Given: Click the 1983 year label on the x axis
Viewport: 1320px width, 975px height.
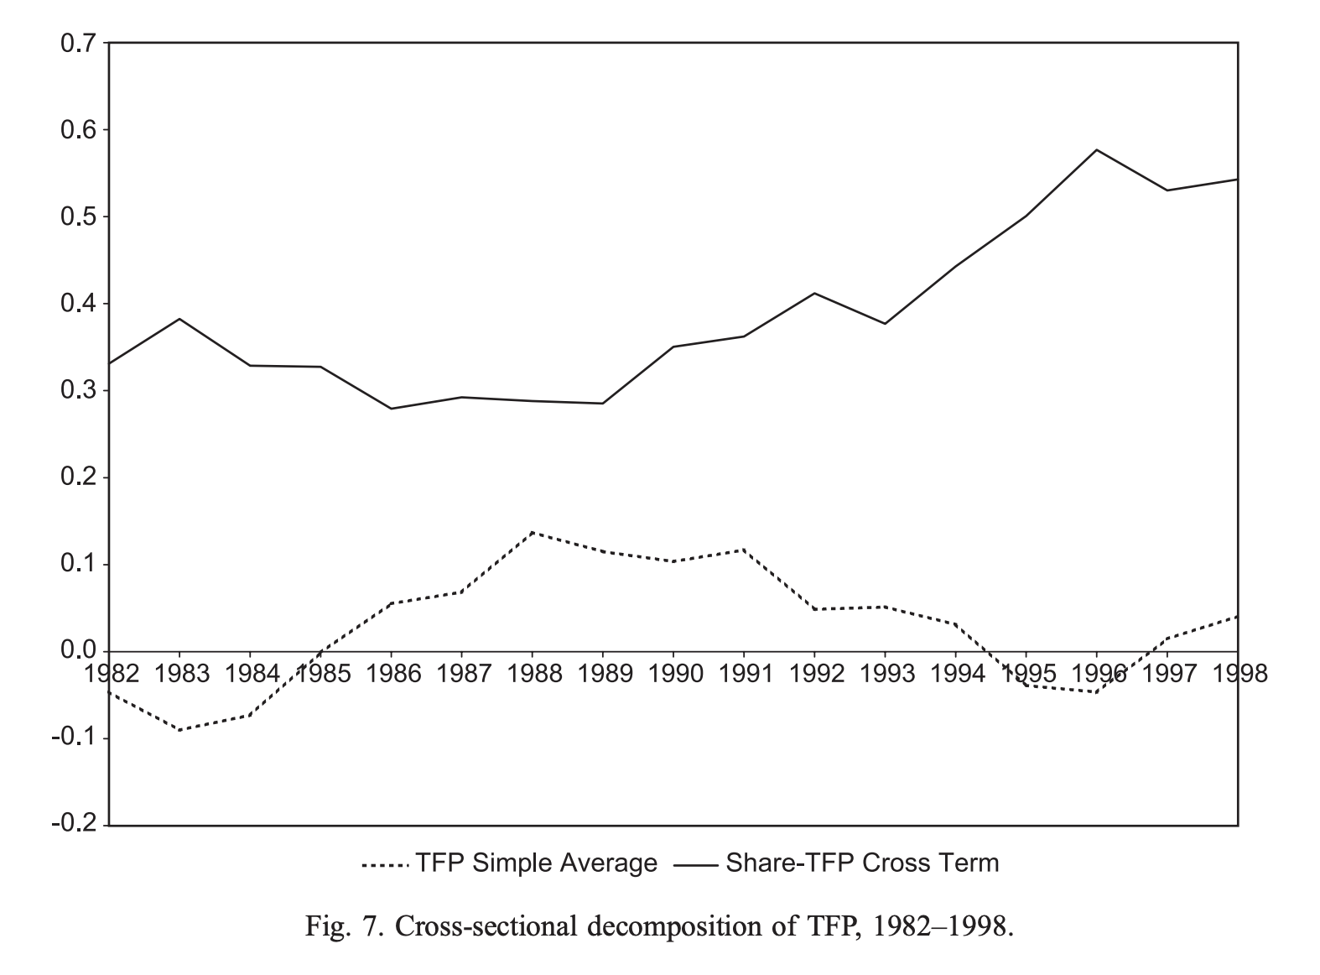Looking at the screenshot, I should click(x=181, y=673).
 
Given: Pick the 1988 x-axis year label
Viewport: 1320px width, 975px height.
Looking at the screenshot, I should click(x=533, y=673).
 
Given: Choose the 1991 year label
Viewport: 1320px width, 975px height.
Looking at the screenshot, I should click(x=745, y=673).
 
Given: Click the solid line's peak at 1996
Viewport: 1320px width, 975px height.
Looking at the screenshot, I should click(x=1097, y=150).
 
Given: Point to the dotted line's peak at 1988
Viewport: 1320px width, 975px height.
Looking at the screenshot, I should click(x=533, y=532).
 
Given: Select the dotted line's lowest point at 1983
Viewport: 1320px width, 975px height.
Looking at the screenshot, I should click(x=179, y=730).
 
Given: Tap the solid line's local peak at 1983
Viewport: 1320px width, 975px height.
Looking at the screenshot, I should click(x=179, y=319).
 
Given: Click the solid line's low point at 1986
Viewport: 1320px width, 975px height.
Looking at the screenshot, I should click(x=392, y=409).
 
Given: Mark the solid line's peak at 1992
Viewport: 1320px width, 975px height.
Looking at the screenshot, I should click(x=814, y=293).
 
